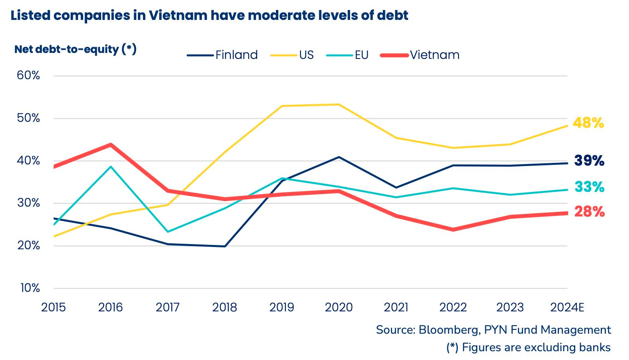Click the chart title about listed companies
point(209,16)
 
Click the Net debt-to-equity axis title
point(75,49)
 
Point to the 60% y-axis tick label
point(28,75)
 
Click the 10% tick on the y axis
point(30,288)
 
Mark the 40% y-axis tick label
point(28,160)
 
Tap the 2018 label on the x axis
point(225,307)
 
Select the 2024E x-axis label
point(567,307)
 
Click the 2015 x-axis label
point(53,307)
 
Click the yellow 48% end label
point(588,123)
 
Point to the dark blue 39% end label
point(589,160)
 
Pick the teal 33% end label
point(589,187)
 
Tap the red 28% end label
point(589,212)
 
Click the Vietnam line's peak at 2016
point(111,145)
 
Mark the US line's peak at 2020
point(339,105)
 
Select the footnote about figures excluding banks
point(528,347)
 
